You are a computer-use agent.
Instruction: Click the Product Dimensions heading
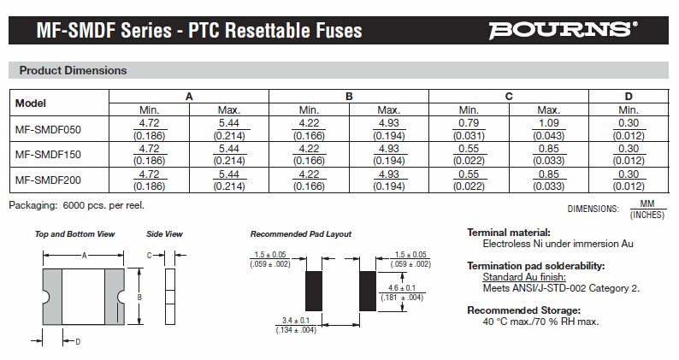[73, 70]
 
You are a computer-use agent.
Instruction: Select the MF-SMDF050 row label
[48, 128]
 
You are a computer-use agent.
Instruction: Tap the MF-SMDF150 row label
[48, 155]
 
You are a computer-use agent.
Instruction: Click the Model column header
[31, 103]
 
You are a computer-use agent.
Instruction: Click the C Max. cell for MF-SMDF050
[548, 128]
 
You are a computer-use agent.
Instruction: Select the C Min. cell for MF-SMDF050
[469, 128]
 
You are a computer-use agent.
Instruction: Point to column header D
[629, 96]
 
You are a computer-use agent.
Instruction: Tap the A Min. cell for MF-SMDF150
[150, 155]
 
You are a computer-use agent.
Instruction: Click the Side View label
[165, 233]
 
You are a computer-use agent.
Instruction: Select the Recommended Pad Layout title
[300, 233]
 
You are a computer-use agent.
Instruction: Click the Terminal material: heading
[508, 233]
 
